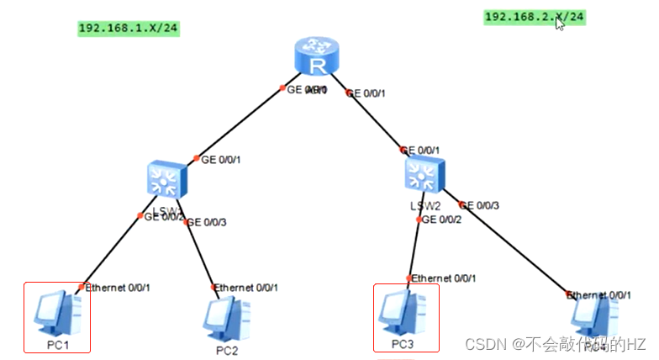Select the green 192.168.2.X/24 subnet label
tap(534, 16)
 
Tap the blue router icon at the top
tap(315, 57)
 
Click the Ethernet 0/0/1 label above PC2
tap(247, 288)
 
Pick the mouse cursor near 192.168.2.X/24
tap(560, 23)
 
